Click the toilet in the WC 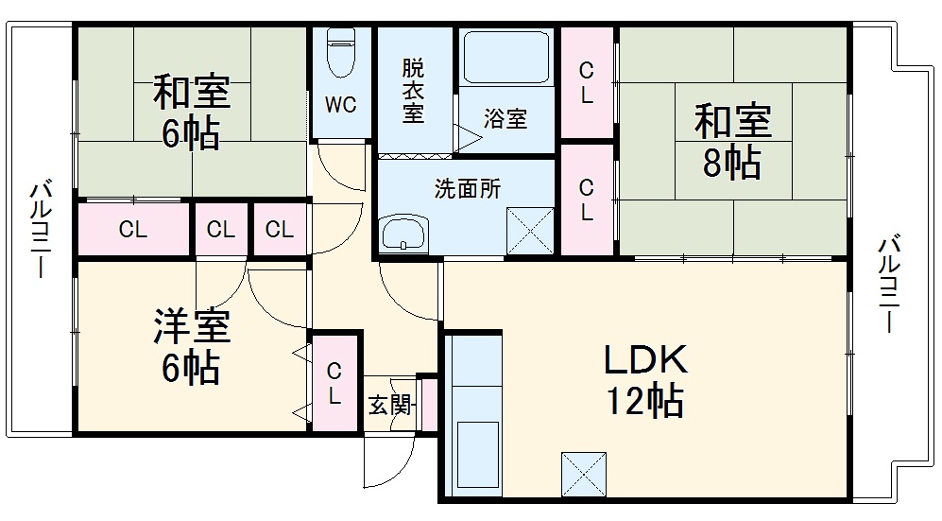pos(341,55)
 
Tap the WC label pos(341,105)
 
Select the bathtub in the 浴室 pos(507,60)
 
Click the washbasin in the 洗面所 pos(403,233)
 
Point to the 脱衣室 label pos(413,91)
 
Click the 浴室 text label pos(505,119)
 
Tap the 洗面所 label pos(467,188)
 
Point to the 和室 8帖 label pos(732,142)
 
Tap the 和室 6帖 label pos(191,113)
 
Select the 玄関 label pos(389,406)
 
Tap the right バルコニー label pos(888,285)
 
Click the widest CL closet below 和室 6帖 pos(133,230)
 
